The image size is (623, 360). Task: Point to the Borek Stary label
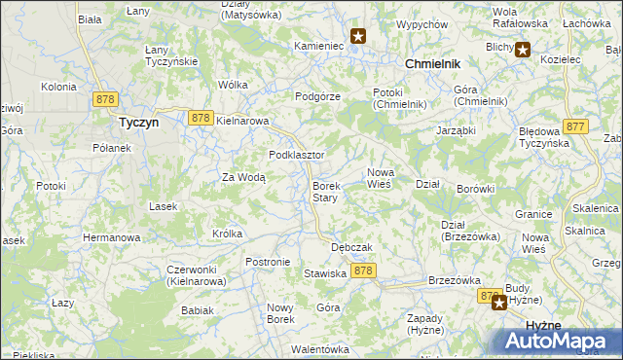pos(325,192)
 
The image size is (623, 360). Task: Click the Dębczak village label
pos(352,247)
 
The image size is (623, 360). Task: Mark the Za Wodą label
pos(242,177)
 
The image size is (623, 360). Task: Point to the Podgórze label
pos(317,96)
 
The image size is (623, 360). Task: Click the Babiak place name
pos(197,310)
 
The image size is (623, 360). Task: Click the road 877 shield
pos(575,126)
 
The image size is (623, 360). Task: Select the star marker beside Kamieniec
pos(358,37)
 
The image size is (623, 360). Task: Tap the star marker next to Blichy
pos(523,50)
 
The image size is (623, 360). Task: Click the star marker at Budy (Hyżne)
pos(499,302)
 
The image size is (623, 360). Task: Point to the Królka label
pos(227,234)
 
